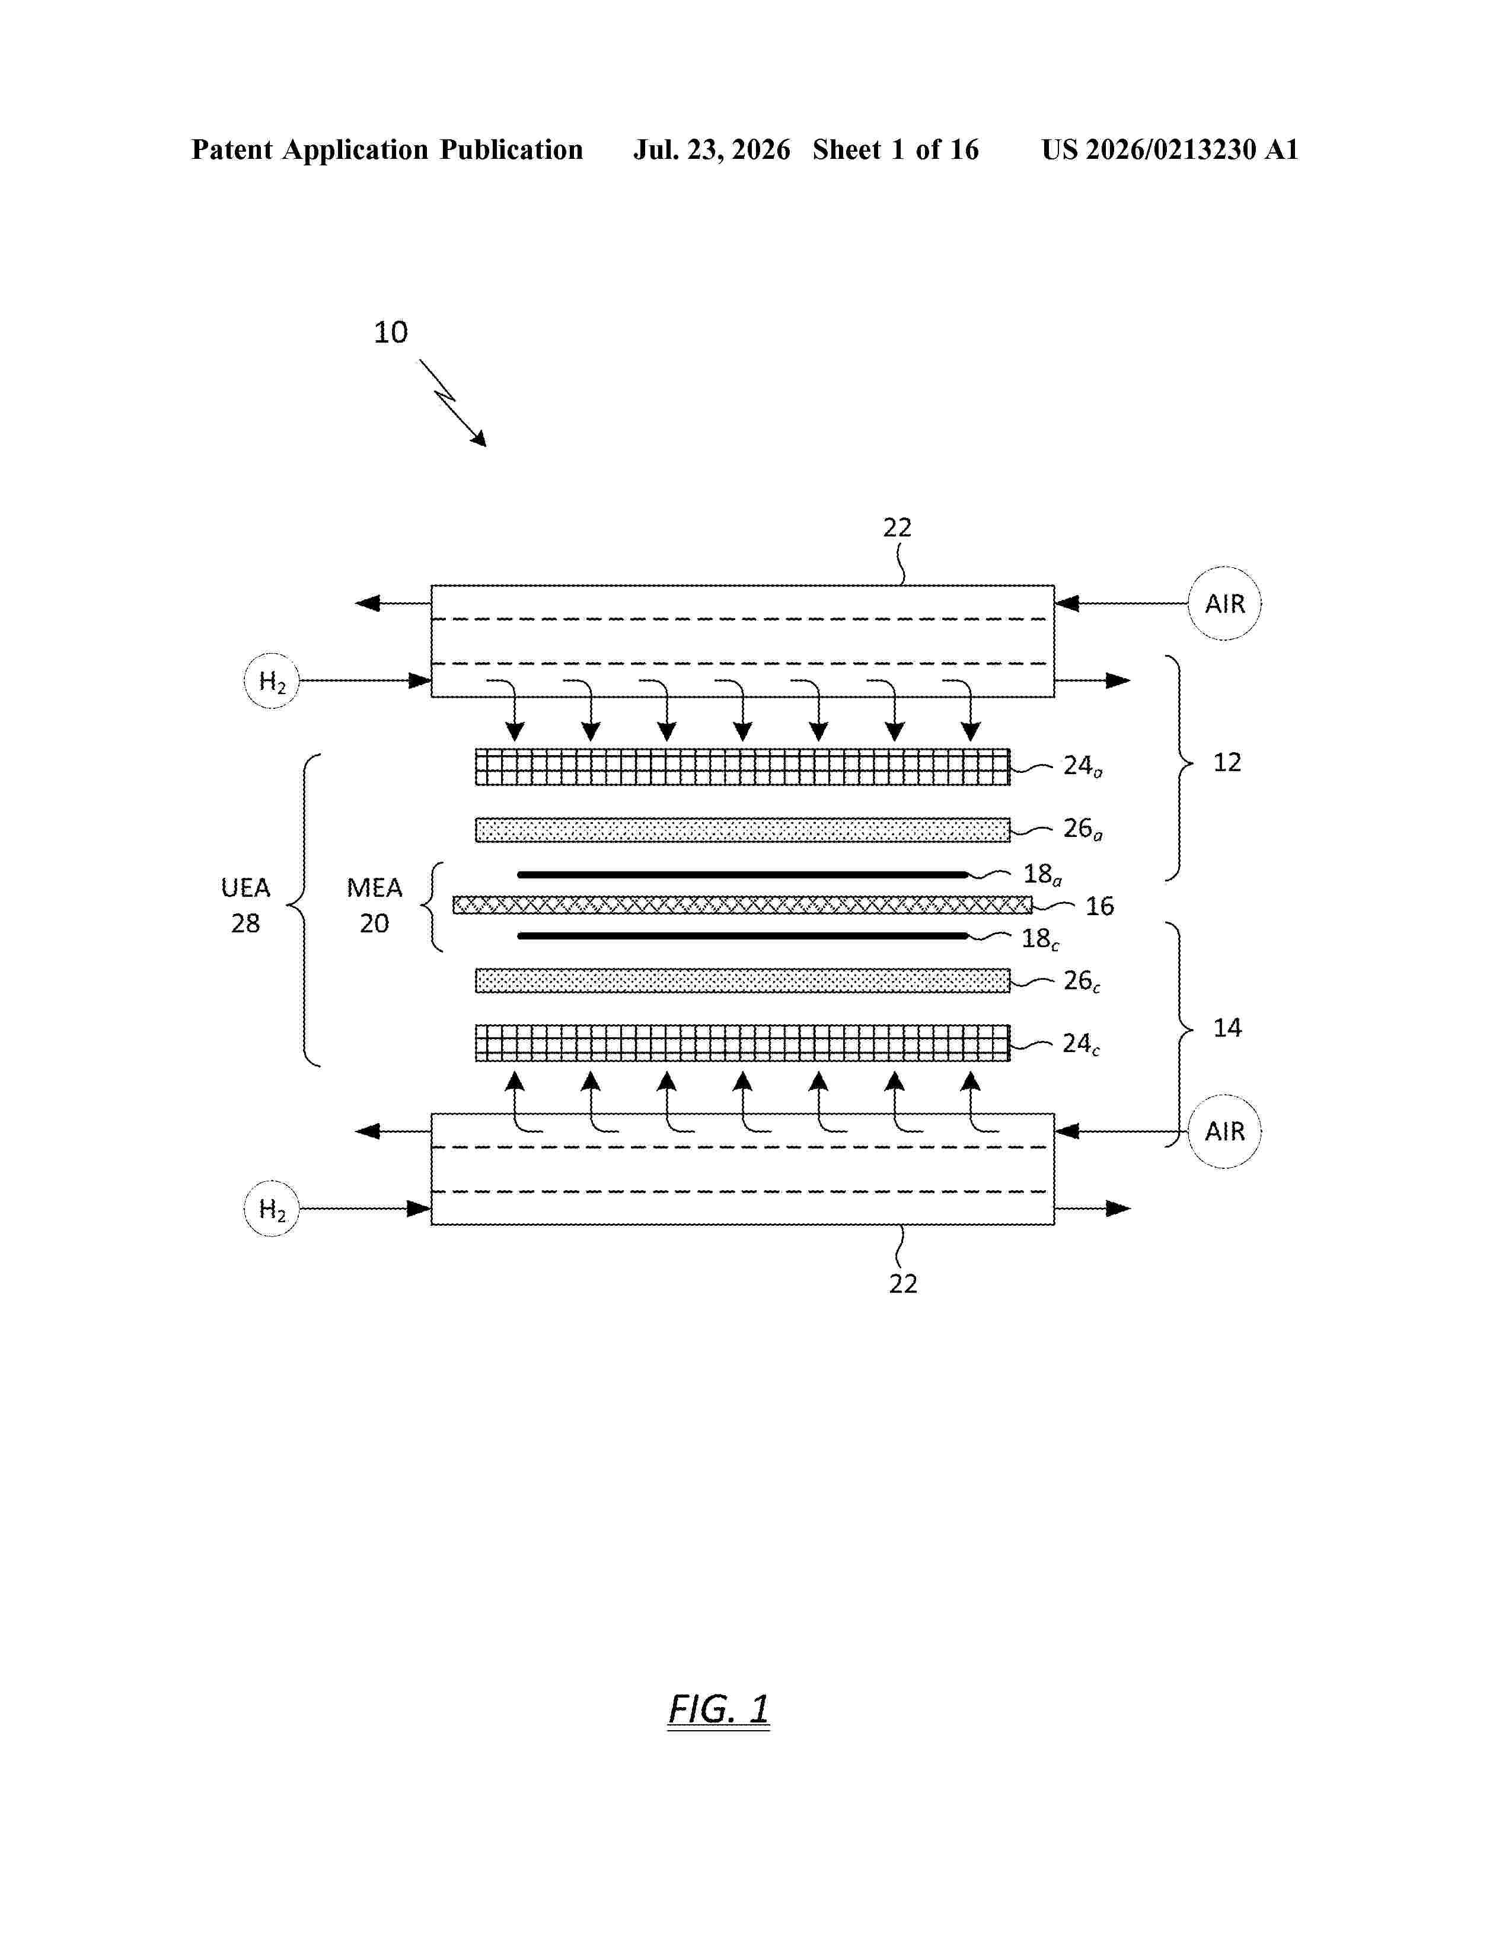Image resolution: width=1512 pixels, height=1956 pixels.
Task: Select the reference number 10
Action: pyautogui.click(x=391, y=333)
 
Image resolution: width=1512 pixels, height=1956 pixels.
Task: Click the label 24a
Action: pyautogui.click(x=1083, y=766)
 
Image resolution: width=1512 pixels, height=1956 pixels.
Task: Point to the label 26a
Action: pyautogui.click(x=1083, y=829)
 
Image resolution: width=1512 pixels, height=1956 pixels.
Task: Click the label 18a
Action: pyautogui.click(x=1042, y=874)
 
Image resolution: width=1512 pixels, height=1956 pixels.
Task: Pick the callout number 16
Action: pyautogui.click(x=1100, y=906)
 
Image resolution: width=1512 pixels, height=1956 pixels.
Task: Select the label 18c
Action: pyautogui.click(x=1041, y=939)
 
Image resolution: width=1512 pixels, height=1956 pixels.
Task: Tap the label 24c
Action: pyautogui.click(x=1081, y=1044)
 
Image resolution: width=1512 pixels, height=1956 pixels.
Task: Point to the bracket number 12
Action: pyautogui.click(x=1227, y=762)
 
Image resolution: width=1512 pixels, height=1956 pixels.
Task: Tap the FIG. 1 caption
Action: pyautogui.click(x=719, y=1709)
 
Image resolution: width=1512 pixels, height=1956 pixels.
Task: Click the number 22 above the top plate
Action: pyautogui.click(x=898, y=528)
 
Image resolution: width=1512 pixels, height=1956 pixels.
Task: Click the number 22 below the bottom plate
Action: pyautogui.click(x=903, y=1284)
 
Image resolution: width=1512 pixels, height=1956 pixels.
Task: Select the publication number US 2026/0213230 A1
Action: pyautogui.click(x=1170, y=149)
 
